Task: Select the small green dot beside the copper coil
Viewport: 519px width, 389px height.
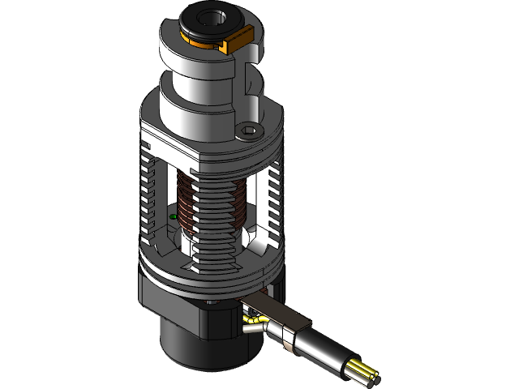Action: coord(174,217)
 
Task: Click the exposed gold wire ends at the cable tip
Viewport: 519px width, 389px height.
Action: coord(367,371)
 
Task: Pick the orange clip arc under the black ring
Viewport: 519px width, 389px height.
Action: coord(199,40)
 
